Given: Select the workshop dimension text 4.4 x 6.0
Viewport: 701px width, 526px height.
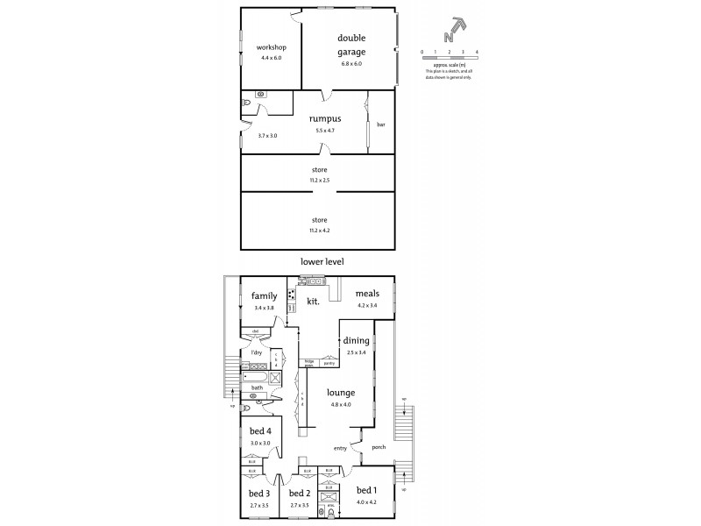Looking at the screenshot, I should [272, 58].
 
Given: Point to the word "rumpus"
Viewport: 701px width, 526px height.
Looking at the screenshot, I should [324, 118].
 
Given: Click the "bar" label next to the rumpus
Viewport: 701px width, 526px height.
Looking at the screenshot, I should [381, 124].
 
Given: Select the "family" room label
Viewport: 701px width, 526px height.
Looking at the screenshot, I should [265, 296].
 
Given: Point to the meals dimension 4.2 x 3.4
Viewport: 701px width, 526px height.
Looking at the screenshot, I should [367, 306].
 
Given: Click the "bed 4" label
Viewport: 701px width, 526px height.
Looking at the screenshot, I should [260, 431].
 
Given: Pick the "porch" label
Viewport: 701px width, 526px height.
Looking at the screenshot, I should [378, 448].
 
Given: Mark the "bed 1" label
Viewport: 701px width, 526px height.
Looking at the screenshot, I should [366, 492].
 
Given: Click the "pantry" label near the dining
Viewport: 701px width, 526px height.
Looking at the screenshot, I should [329, 361].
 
